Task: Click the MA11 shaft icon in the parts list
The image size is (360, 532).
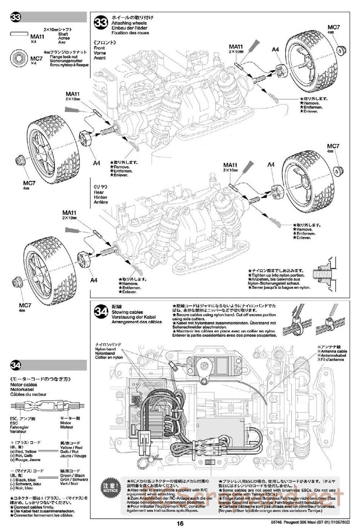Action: [19, 33]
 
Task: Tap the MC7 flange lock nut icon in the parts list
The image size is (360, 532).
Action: [18, 57]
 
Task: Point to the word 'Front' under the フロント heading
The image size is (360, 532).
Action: [99, 48]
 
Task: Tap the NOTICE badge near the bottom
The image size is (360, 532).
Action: [110, 488]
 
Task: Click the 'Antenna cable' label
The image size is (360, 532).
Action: [332, 351]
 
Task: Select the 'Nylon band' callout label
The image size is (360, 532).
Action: [105, 349]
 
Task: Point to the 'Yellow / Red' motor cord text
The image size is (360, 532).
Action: [71, 448]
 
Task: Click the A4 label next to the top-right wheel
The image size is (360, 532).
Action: [275, 50]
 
